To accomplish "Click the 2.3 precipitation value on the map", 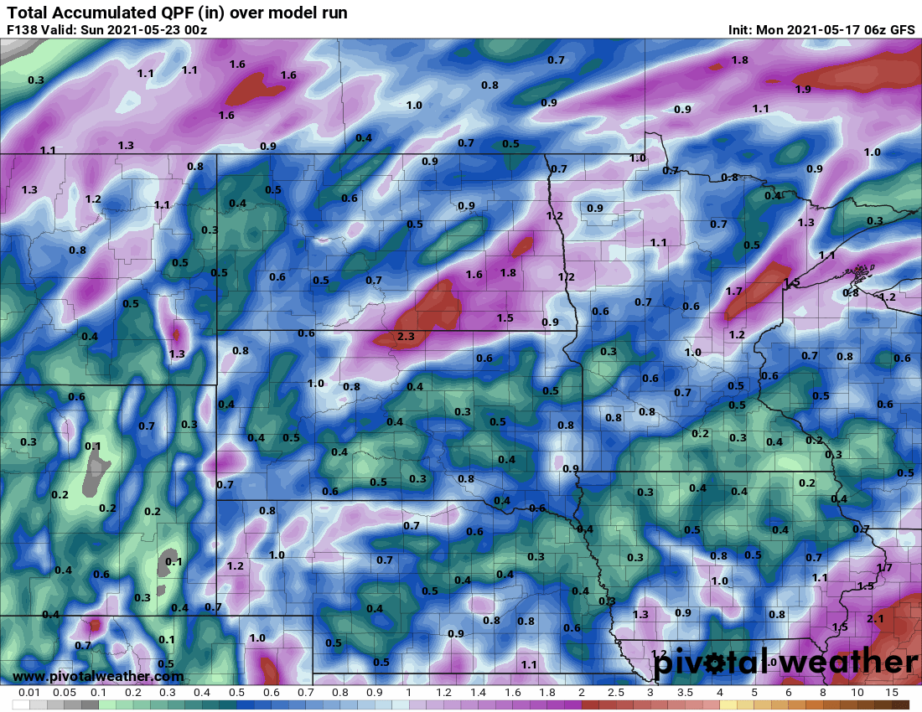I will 406,337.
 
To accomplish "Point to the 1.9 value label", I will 803,90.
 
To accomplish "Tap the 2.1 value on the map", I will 875,618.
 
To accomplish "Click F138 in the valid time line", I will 23,30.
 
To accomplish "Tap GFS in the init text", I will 902,30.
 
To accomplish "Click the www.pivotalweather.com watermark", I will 98,676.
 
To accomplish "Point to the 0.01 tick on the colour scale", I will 29,694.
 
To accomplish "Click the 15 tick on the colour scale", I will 892,694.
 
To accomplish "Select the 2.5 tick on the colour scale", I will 615,694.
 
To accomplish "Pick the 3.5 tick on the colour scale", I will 685,694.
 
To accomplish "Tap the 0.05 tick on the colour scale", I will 64,694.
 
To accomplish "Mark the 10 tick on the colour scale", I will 857,694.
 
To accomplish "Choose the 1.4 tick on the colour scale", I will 478,694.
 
